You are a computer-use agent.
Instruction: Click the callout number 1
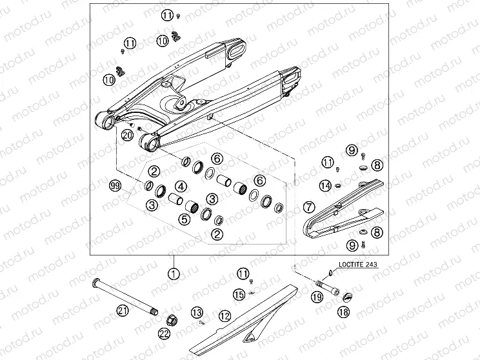coord(174,274)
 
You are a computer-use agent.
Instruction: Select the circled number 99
coord(116,186)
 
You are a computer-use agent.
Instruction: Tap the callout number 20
coord(127,135)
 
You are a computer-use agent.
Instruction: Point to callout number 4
coord(181,186)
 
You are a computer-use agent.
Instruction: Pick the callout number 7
coord(309,207)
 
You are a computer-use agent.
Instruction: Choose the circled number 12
coord(225,315)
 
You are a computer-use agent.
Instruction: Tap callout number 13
coord(197,312)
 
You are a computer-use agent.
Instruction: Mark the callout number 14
coord(326,186)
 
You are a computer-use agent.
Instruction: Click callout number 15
coord(239,295)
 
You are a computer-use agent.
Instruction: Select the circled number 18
coord(343,312)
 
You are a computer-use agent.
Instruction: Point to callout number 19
coord(317,297)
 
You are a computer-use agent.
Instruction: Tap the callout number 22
coord(164,334)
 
